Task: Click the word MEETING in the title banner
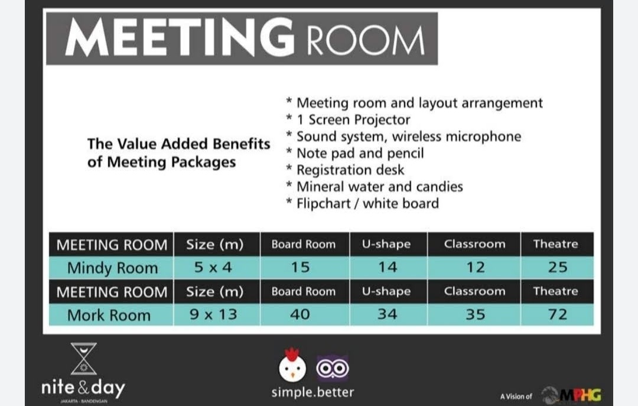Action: tap(180, 37)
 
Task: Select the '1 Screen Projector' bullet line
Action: tap(349, 120)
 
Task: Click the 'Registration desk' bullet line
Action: tap(345, 170)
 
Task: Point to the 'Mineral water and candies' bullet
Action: tap(375, 187)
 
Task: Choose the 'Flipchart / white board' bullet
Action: tap(363, 203)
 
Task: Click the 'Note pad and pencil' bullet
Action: tap(355, 153)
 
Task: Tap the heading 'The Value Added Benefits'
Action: tap(178, 144)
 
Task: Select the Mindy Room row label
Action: tap(112, 268)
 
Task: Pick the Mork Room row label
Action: tap(109, 315)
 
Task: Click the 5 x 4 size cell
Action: tap(213, 267)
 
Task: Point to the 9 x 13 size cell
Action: tap(213, 314)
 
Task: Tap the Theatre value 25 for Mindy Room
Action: tap(558, 267)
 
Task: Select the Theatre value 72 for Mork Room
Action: tap(558, 314)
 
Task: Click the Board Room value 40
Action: tap(300, 314)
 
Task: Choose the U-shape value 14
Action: tap(388, 267)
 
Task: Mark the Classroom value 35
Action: tap(475, 314)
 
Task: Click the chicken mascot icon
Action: tap(292, 365)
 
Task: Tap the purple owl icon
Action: tap(333, 368)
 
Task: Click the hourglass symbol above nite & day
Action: tap(83, 359)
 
